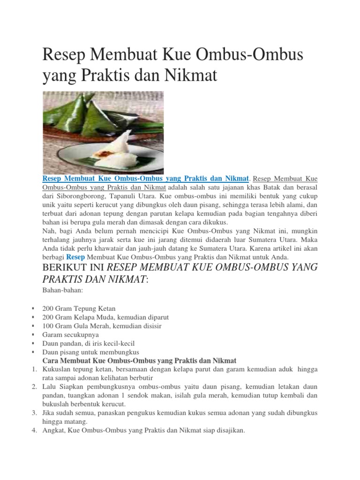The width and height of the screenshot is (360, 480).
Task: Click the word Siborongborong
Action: click(81, 196)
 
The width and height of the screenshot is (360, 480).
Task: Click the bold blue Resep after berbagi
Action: click(75, 257)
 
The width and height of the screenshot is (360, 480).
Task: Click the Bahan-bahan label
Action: click(62, 291)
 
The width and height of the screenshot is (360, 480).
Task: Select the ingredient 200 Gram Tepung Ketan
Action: click(78, 308)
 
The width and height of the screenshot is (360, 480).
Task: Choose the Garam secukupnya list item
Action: click(70, 334)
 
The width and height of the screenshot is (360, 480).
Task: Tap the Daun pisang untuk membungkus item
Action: click(90, 352)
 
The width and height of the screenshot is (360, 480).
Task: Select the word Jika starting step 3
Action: click(49, 413)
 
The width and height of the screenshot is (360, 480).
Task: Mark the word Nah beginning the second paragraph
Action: click(48, 231)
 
